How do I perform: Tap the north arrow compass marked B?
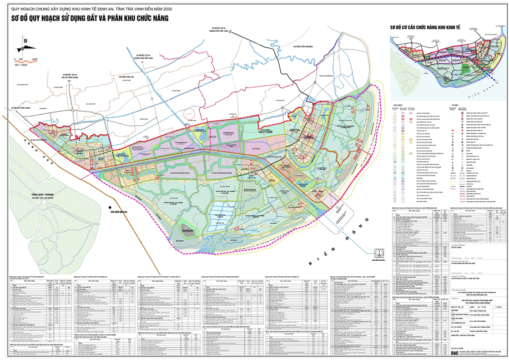coord(25,44)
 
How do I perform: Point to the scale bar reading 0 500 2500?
coord(27,59)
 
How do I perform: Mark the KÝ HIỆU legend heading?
coord(454,104)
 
